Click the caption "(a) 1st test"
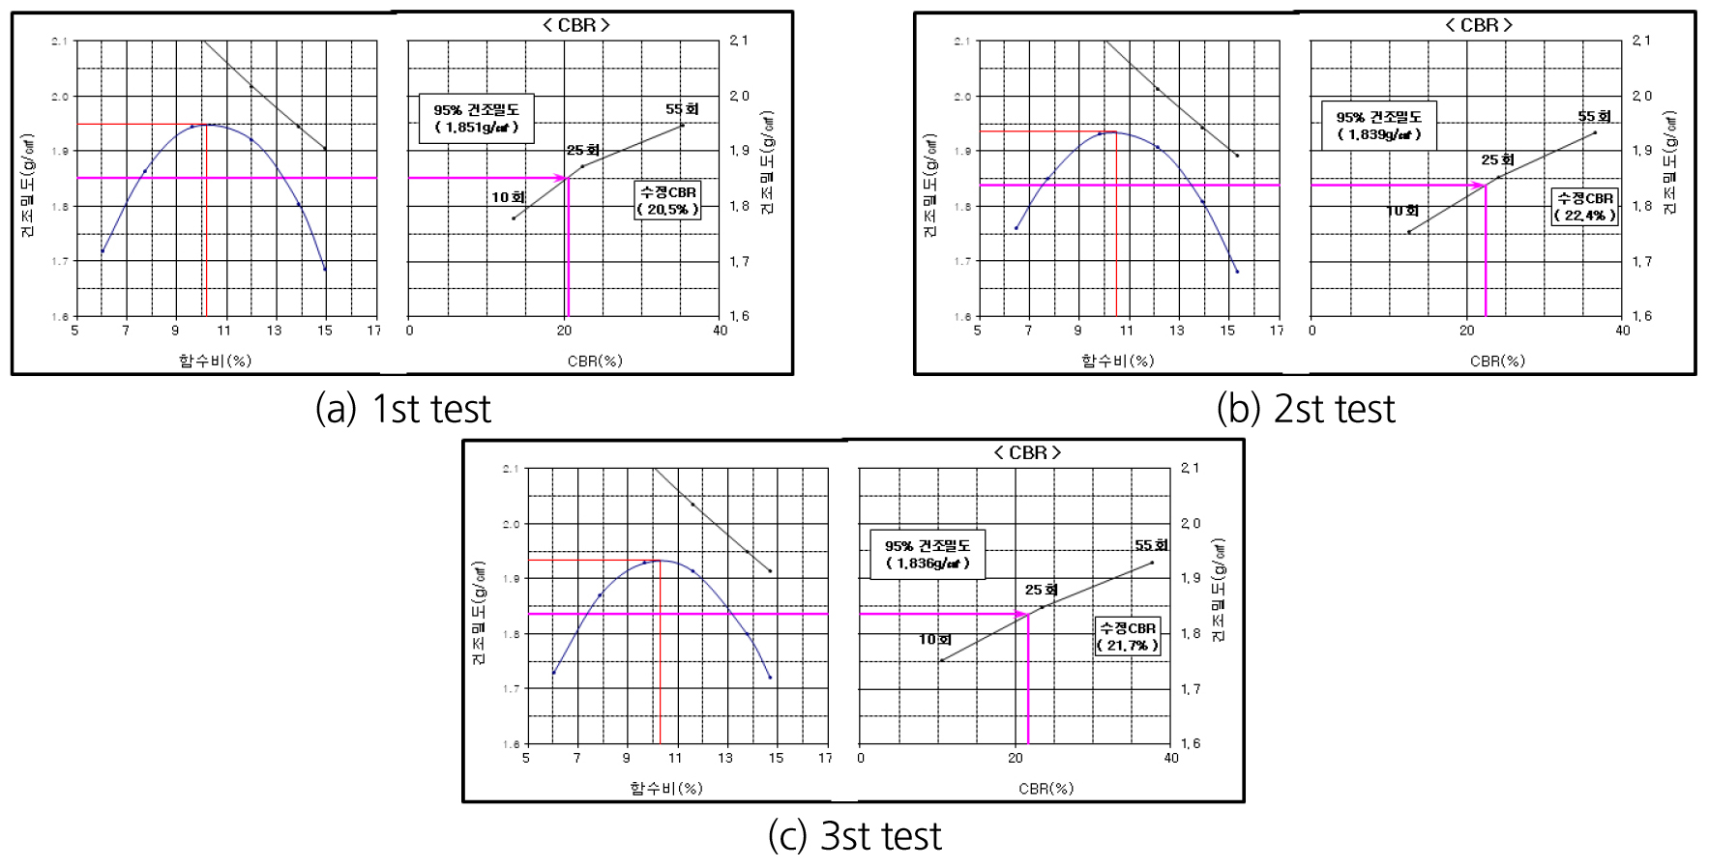click(403, 409)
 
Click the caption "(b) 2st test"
click(1306, 409)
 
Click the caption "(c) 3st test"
click(854, 836)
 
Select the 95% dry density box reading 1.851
click(476, 119)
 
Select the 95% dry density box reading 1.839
click(1378, 126)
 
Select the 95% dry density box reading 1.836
click(927, 555)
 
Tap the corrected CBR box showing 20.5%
click(667, 200)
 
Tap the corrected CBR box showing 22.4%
click(1584, 207)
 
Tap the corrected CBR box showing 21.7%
click(1127, 636)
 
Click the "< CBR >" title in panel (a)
click(576, 25)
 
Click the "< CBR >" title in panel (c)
click(1027, 452)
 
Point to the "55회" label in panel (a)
click(682, 109)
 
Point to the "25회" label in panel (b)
click(1497, 159)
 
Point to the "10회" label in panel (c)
click(934, 639)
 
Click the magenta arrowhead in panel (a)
click(560, 178)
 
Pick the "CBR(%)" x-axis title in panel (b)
click(1497, 361)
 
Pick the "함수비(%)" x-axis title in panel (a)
click(215, 361)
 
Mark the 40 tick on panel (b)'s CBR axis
click(1622, 331)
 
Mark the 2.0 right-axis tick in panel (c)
click(1191, 523)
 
